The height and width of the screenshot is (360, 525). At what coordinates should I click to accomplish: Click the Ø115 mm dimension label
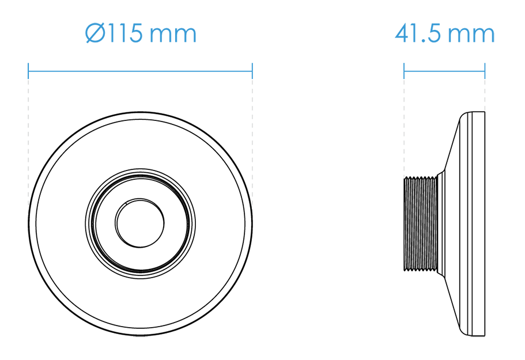[141, 33]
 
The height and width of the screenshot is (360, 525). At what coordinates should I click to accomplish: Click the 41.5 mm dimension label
[445, 34]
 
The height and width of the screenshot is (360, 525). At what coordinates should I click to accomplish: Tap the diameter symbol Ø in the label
[95, 33]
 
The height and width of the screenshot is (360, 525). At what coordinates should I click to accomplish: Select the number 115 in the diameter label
[125, 33]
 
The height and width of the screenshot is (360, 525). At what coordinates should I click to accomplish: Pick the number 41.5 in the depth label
[418, 34]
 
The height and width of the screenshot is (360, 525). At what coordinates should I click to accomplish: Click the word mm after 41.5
[471, 36]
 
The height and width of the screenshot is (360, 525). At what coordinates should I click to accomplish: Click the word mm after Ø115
[173, 35]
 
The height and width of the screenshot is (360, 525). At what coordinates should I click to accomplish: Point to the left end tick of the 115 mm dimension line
[28, 71]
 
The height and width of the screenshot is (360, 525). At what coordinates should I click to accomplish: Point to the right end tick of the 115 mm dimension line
[252, 71]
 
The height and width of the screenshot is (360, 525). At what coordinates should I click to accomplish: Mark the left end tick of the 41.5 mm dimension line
[404, 71]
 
